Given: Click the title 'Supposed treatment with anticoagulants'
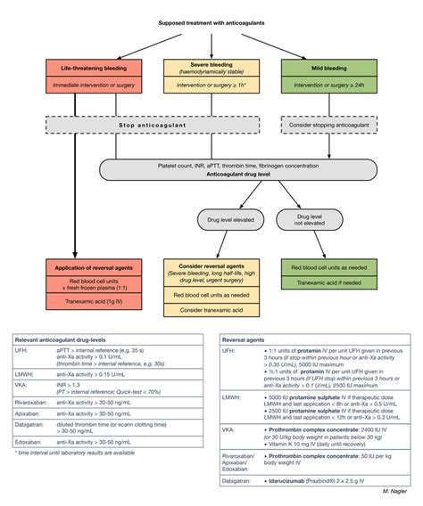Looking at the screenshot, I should pyautogui.click(x=211, y=21).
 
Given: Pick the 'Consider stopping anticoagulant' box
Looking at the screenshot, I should pyautogui.click(x=333, y=126).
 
